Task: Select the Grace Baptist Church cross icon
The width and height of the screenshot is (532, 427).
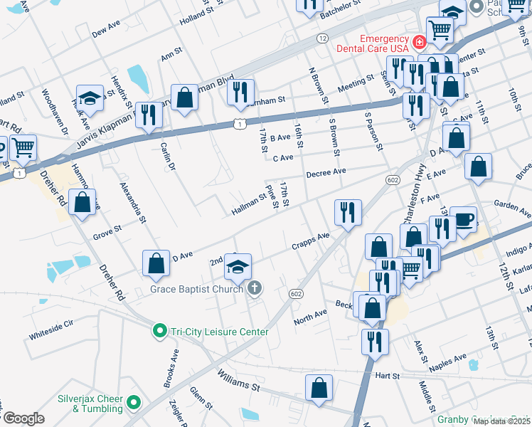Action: pos(255,288)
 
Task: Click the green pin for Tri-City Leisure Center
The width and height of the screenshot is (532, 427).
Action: pos(161,331)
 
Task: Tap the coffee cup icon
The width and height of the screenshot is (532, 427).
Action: pos(463,219)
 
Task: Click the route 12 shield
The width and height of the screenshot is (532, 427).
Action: pos(322,38)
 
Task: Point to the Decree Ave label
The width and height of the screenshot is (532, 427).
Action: pos(326,172)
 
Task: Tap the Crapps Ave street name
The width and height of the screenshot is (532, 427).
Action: pos(311,241)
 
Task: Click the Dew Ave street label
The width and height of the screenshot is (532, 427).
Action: pos(106,28)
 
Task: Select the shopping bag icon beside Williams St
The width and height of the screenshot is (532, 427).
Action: pos(319,389)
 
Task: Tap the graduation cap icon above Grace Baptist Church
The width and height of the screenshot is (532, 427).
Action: pos(238,267)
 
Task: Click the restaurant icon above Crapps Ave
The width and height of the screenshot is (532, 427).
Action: pos(348,212)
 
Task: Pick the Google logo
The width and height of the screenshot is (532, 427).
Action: pos(23,418)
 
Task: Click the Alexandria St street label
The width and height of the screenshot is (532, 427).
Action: pos(134,203)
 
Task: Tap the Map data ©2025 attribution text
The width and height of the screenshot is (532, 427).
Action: pos(501,421)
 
